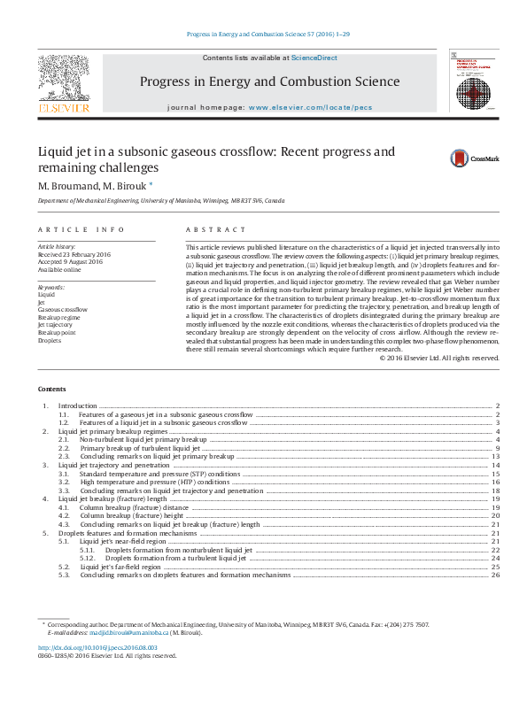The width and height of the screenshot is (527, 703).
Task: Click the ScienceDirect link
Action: click(x=314, y=58)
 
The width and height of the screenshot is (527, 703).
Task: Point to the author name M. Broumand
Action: click(x=66, y=186)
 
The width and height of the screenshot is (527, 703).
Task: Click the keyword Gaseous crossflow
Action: click(x=62, y=309)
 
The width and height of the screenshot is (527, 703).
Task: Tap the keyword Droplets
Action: click(x=49, y=340)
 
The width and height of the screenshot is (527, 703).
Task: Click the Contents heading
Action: click(x=51, y=389)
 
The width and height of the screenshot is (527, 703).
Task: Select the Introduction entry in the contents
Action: click(x=77, y=405)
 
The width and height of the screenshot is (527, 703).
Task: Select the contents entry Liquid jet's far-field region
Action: click(x=120, y=567)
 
